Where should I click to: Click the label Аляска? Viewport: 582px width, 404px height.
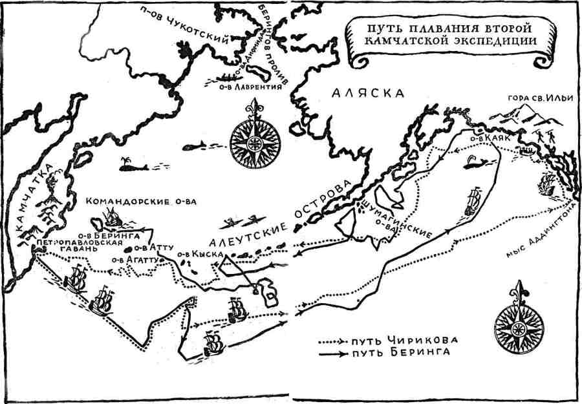367,93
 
